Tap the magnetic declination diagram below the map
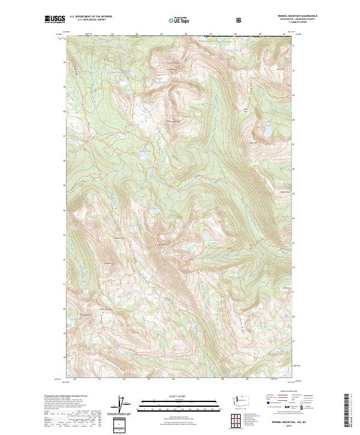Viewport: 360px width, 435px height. click(x=124, y=408)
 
